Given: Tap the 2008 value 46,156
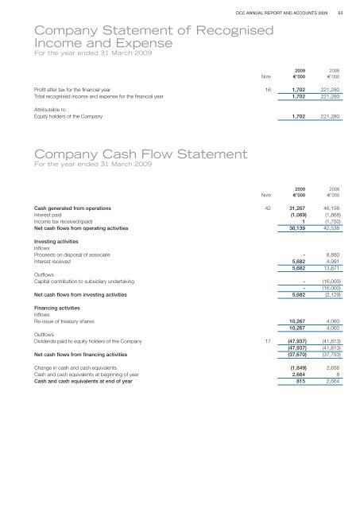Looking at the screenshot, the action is [330, 208].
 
